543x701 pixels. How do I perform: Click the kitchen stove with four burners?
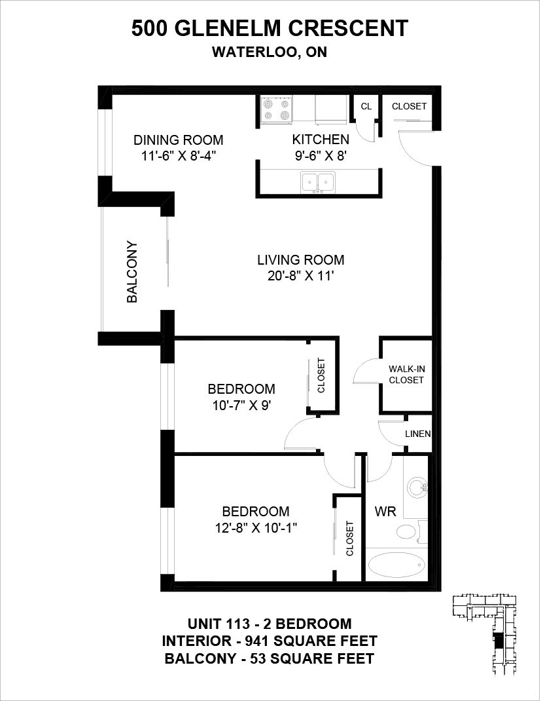click(277, 110)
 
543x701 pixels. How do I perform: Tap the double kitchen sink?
click(319, 182)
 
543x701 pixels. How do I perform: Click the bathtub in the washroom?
click(396, 565)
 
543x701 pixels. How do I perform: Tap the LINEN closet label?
click(418, 434)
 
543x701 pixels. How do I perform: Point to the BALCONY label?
click(132, 272)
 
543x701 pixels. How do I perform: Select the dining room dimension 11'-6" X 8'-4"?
click(179, 157)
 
